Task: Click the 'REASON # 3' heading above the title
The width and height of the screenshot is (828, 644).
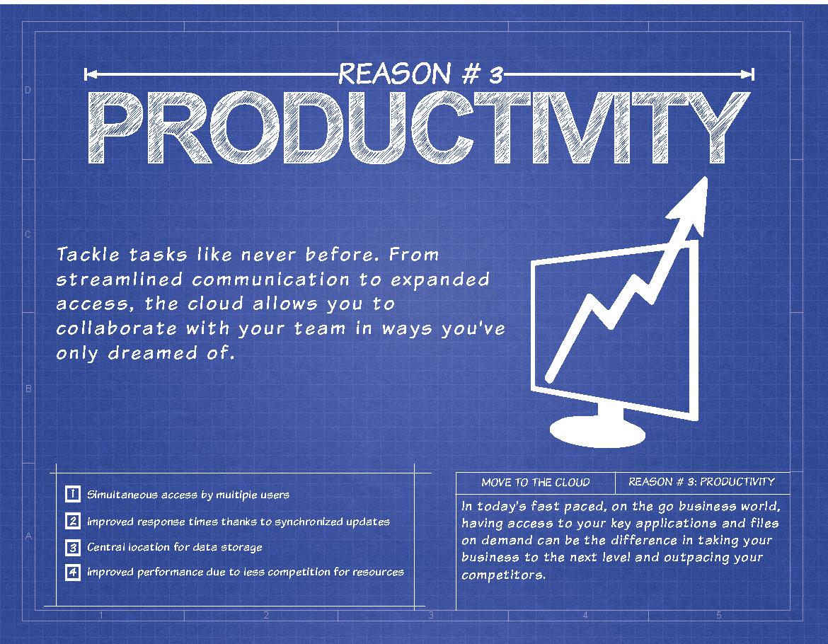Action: click(420, 74)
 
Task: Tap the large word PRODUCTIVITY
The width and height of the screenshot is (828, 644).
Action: click(418, 128)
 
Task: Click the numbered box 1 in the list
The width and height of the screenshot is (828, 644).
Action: click(73, 494)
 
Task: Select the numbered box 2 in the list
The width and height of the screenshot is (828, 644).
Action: click(73, 521)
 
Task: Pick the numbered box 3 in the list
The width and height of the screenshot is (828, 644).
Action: click(73, 547)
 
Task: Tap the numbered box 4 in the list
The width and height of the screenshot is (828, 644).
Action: click(73, 573)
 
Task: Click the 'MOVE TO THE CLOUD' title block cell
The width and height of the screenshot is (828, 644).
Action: click(536, 483)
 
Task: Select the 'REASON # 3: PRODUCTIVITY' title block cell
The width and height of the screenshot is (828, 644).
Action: click(701, 481)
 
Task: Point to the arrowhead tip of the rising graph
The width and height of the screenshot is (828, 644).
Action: click(706, 178)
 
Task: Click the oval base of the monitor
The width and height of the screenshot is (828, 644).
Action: click(597, 432)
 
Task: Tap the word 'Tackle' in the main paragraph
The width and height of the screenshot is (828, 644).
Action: click(88, 255)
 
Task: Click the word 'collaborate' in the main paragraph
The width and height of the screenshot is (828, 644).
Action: click(117, 328)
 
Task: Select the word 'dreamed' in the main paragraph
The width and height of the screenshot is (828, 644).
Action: click(153, 352)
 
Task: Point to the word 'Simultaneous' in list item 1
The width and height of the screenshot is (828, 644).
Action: click(122, 495)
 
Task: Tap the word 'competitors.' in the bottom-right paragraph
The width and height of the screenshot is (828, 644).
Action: click(503, 575)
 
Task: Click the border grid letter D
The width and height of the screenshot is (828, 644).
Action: click(28, 91)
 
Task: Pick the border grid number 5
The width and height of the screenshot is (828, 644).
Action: click(719, 615)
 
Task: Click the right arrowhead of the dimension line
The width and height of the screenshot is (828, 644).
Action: click(747, 74)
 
